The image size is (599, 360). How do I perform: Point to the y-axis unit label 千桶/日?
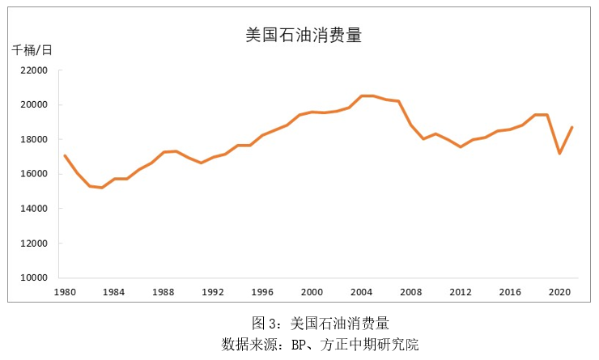[x=32, y=50]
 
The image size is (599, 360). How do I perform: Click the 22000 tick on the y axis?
[x=34, y=70]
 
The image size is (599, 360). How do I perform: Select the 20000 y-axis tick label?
[x=34, y=105]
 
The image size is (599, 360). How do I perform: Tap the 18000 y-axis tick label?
[x=34, y=139]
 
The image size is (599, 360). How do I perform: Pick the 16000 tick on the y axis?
[x=34, y=174]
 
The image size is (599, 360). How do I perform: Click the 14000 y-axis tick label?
[x=34, y=209]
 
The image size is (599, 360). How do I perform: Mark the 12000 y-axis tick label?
[x=34, y=244]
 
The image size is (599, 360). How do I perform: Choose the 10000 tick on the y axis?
[x=34, y=277]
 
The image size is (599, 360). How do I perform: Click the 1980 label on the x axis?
[x=65, y=291]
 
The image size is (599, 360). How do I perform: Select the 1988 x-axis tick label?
[x=164, y=291]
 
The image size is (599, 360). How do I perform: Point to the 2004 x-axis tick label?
[x=361, y=291]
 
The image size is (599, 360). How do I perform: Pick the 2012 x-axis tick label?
[x=461, y=291]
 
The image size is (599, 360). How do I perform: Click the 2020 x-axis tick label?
[x=559, y=291]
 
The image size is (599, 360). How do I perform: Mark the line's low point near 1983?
[x=102, y=188]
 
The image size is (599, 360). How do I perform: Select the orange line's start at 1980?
[x=65, y=155]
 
